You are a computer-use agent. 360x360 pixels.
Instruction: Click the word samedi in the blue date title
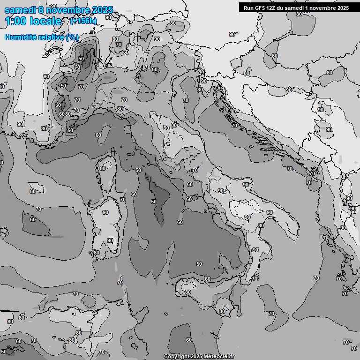(x=20, y=10)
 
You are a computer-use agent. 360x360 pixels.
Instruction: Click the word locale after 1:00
(x=45, y=21)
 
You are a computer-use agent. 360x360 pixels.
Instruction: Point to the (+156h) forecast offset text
(x=83, y=21)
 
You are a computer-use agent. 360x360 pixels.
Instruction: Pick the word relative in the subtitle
(x=51, y=37)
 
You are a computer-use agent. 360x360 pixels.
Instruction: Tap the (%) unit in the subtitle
(x=72, y=37)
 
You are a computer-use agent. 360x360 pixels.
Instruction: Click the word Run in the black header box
(x=248, y=8)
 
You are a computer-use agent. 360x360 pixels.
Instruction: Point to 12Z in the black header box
(x=271, y=8)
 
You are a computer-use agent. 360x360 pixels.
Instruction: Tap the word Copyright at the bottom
(x=177, y=357)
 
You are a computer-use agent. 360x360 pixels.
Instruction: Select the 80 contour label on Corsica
(x=103, y=168)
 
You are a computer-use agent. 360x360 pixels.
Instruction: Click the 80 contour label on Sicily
(x=188, y=292)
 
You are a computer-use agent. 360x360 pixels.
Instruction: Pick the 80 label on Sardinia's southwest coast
(x=97, y=253)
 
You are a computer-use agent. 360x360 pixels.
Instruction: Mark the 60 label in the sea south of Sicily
(x=189, y=340)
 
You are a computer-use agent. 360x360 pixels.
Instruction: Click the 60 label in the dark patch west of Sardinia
(x=33, y=219)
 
